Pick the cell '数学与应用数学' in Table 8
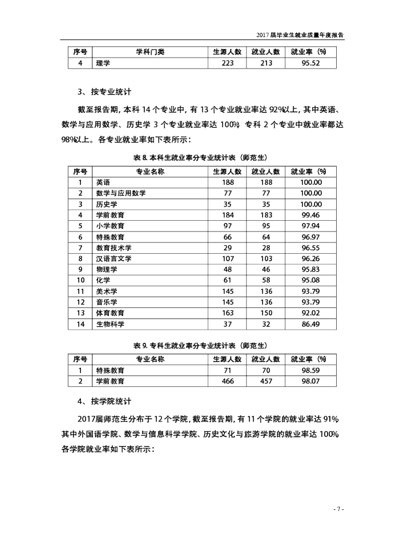tap(121, 193)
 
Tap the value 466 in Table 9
tap(227, 380)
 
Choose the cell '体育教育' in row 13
tap(111, 313)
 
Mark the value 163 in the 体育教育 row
tap(227, 313)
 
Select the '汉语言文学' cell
tap(114, 258)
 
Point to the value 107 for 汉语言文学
tap(227, 258)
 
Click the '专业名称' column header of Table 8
tap(150, 171)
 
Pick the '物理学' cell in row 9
tap(107, 269)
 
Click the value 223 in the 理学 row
tap(227, 63)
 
